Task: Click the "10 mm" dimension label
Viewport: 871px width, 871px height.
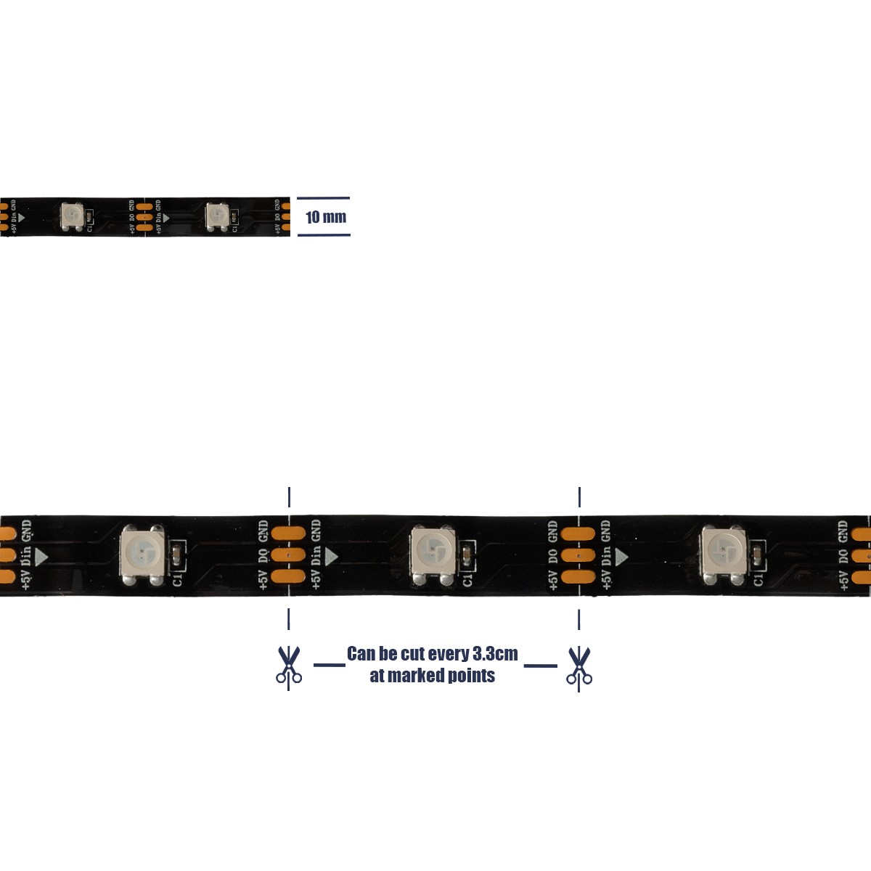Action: coord(326,217)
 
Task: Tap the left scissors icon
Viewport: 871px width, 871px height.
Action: coord(289,666)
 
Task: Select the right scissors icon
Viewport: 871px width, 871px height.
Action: coord(579,666)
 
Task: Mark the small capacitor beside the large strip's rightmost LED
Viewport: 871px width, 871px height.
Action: coord(758,557)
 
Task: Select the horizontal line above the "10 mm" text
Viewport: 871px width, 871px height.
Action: coord(324,197)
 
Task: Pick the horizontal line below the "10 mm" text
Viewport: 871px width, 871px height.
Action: coord(324,235)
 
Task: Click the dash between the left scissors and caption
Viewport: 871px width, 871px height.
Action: coord(329,664)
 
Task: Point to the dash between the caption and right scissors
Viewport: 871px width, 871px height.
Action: coord(540,664)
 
